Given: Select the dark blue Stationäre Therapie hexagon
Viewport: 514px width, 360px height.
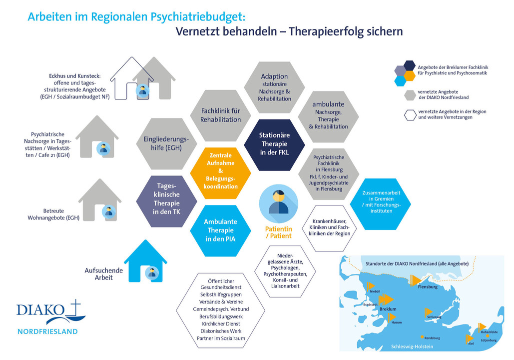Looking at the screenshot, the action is (274, 144).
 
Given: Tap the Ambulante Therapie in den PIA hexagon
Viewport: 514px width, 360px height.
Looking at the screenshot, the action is (220, 230).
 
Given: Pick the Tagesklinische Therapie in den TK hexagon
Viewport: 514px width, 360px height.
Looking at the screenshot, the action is (166, 201).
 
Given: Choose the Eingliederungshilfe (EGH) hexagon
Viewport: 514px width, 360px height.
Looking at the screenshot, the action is (166, 143).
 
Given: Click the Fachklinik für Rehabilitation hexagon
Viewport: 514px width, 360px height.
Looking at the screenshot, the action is (220, 115).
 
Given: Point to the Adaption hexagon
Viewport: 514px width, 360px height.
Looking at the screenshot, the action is (274, 87).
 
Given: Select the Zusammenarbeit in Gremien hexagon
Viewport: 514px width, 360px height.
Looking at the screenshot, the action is (381, 204).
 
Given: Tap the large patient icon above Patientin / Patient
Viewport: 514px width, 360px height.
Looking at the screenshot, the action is (279, 204).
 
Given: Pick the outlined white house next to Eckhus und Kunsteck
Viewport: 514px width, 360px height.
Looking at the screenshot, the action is (131, 78).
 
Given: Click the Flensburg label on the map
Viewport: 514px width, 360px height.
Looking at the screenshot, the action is (428, 287).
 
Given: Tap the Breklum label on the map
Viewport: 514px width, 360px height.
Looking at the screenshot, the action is (388, 309).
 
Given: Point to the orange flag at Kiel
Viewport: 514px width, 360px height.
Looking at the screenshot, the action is (470, 338).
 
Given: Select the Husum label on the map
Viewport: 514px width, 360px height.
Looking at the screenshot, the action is (396, 322).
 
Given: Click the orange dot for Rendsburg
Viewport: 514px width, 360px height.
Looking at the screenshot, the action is (422, 337).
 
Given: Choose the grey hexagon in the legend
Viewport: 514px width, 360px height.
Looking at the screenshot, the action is (410, 95).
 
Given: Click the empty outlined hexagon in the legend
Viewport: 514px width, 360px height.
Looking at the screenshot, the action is (410, 115).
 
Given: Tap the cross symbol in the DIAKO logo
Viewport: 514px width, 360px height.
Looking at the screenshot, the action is (75, 308).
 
